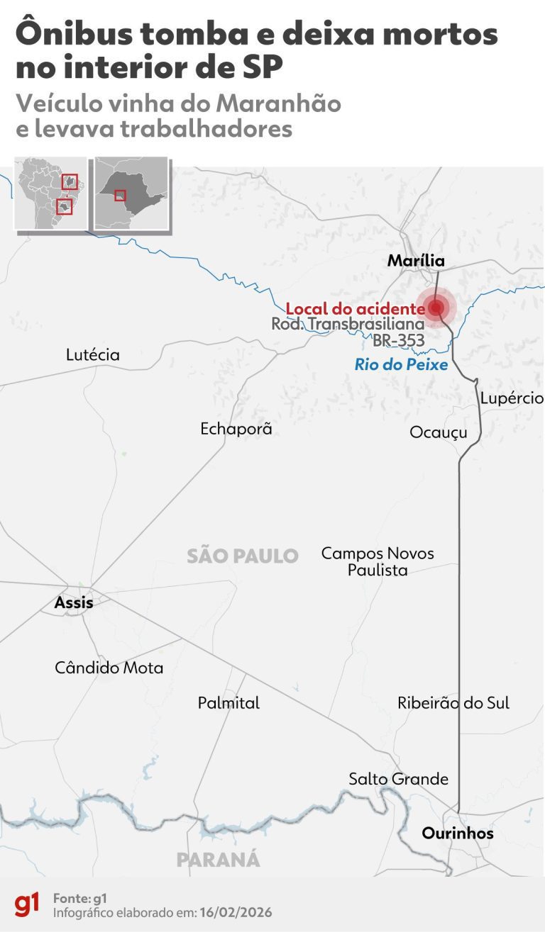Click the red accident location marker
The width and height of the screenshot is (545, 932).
tap(436, 308)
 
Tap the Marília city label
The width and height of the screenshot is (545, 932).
tap(416, 261)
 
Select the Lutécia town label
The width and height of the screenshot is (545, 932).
tap(92, 354)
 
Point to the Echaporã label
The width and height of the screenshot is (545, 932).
tap(236, 429)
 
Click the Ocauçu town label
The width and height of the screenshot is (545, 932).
tap(439, 432)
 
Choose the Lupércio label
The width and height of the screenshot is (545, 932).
tap(511, 398)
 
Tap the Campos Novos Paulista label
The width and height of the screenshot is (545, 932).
tap(378, 561)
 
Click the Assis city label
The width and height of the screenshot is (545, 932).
tap(74, 603)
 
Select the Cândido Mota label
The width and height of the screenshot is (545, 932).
tap(109, 668)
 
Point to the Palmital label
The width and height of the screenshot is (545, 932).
tap(229, 703)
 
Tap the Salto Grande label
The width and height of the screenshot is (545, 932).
tap(398, 779)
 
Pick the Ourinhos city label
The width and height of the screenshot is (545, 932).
tap(458, 833)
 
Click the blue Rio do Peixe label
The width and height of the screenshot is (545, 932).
tap(402, 364)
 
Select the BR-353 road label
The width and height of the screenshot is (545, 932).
tap(399, 340)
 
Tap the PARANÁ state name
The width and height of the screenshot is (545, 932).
tap(218, 860)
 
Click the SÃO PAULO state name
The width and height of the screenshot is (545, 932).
tap(243, 556)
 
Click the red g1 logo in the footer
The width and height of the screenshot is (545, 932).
tap(27, 905)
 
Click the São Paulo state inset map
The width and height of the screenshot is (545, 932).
tap(132, 192)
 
